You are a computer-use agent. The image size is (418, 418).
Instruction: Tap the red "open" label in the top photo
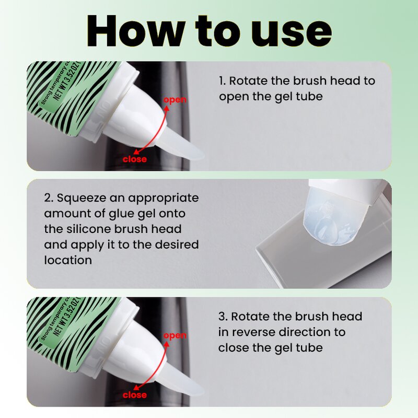click(x=175, y=100)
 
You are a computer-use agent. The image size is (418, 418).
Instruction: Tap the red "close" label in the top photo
click(x=134, y=159)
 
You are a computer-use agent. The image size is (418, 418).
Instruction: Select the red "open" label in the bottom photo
click(x=175, y=335)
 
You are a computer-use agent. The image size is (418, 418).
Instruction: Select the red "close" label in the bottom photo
click(x=134, y=394)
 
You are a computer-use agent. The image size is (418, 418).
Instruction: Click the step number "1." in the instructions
click(x=223, y=82)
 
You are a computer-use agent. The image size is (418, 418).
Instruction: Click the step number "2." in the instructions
click(x=49, y=198)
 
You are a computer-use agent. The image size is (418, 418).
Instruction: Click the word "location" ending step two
click(x=68, y=260)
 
